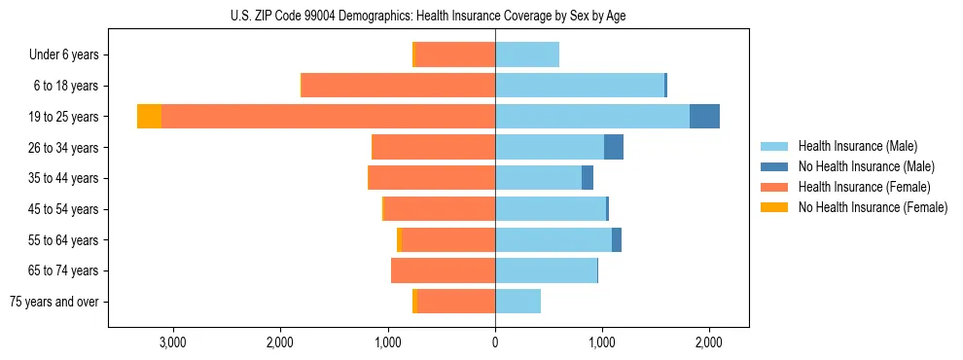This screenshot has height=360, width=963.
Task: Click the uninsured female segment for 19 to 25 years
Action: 149,117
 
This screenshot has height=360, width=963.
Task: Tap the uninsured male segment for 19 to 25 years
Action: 704,117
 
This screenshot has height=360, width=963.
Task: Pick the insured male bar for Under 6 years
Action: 527,54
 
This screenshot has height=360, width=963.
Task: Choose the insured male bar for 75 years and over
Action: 517,302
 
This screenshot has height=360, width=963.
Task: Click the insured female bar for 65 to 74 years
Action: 443,270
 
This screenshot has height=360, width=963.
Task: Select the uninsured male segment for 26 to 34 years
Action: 614,147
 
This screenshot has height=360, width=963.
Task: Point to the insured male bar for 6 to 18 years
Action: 580,86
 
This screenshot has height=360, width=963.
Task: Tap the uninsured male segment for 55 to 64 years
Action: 617,239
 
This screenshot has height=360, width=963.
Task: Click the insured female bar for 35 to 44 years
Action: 432,178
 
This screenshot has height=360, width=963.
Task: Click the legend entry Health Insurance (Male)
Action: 857,146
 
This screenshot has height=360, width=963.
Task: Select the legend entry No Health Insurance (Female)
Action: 873,207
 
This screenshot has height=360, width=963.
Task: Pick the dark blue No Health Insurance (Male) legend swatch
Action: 774,166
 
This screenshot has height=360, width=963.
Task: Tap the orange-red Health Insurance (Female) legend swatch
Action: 774,187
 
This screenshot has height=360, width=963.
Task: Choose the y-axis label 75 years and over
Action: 54,302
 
